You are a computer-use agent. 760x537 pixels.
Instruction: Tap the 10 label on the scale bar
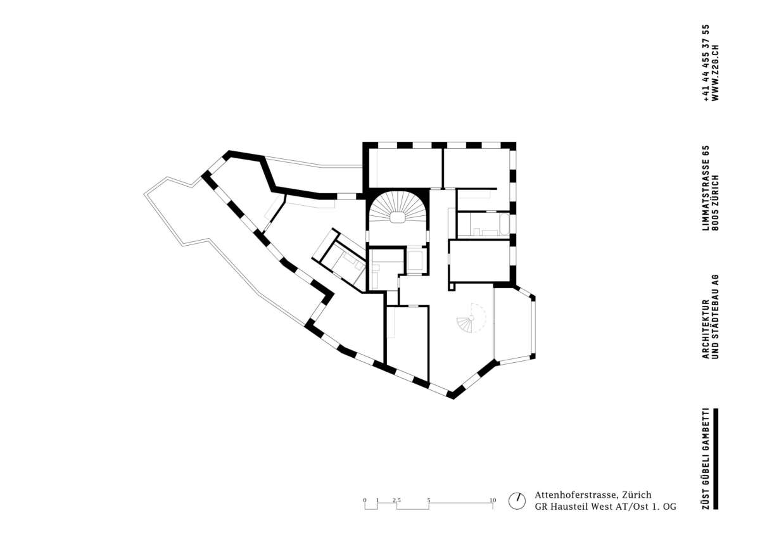click(x=493, y=500)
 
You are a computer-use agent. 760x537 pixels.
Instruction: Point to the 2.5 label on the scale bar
click(x=396, y=500)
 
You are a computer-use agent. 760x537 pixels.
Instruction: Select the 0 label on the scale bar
click(x=365, y=500)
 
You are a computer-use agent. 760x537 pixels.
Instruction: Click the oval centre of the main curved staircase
click(x=397, y=217)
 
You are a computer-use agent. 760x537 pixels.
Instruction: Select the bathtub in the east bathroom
click(x=505, y=224)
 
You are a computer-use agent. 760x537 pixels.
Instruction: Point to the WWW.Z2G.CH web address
click(x=715, y=73)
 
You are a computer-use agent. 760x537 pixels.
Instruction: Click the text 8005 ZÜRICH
click(x=715, y=203)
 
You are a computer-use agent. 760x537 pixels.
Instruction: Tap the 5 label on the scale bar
click(x=429, y=500)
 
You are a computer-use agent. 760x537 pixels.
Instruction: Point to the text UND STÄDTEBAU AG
click(x=715, y=316)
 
